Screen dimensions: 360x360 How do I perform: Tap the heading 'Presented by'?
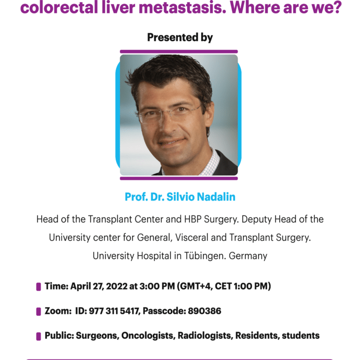click(x=180, y=38)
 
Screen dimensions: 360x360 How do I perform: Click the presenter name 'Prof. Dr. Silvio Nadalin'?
click(x=180, y=197)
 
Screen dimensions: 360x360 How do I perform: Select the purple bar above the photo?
click(x=178, y=51)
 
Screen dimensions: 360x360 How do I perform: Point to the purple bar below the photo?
click(x=178, y=178)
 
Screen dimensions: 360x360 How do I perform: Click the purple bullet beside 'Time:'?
click(x=39, y=287)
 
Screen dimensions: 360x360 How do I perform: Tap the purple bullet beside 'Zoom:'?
click(x=39, y=312)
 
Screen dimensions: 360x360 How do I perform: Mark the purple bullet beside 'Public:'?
click(x=39, y=336)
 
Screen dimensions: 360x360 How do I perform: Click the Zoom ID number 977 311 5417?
click(x=114, y=311)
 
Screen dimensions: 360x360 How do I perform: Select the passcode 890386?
click(x=205, y=311)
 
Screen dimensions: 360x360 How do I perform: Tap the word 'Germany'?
click(x=248, y=256)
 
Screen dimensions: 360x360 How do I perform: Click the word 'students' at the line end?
click(x=300, y=336)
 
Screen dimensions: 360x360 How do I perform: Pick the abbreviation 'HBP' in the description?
click(x=193, y=219)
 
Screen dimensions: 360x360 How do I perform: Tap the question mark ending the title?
click(x=337, y=7)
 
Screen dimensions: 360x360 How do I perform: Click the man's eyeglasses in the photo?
click(x=169, y=114)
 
